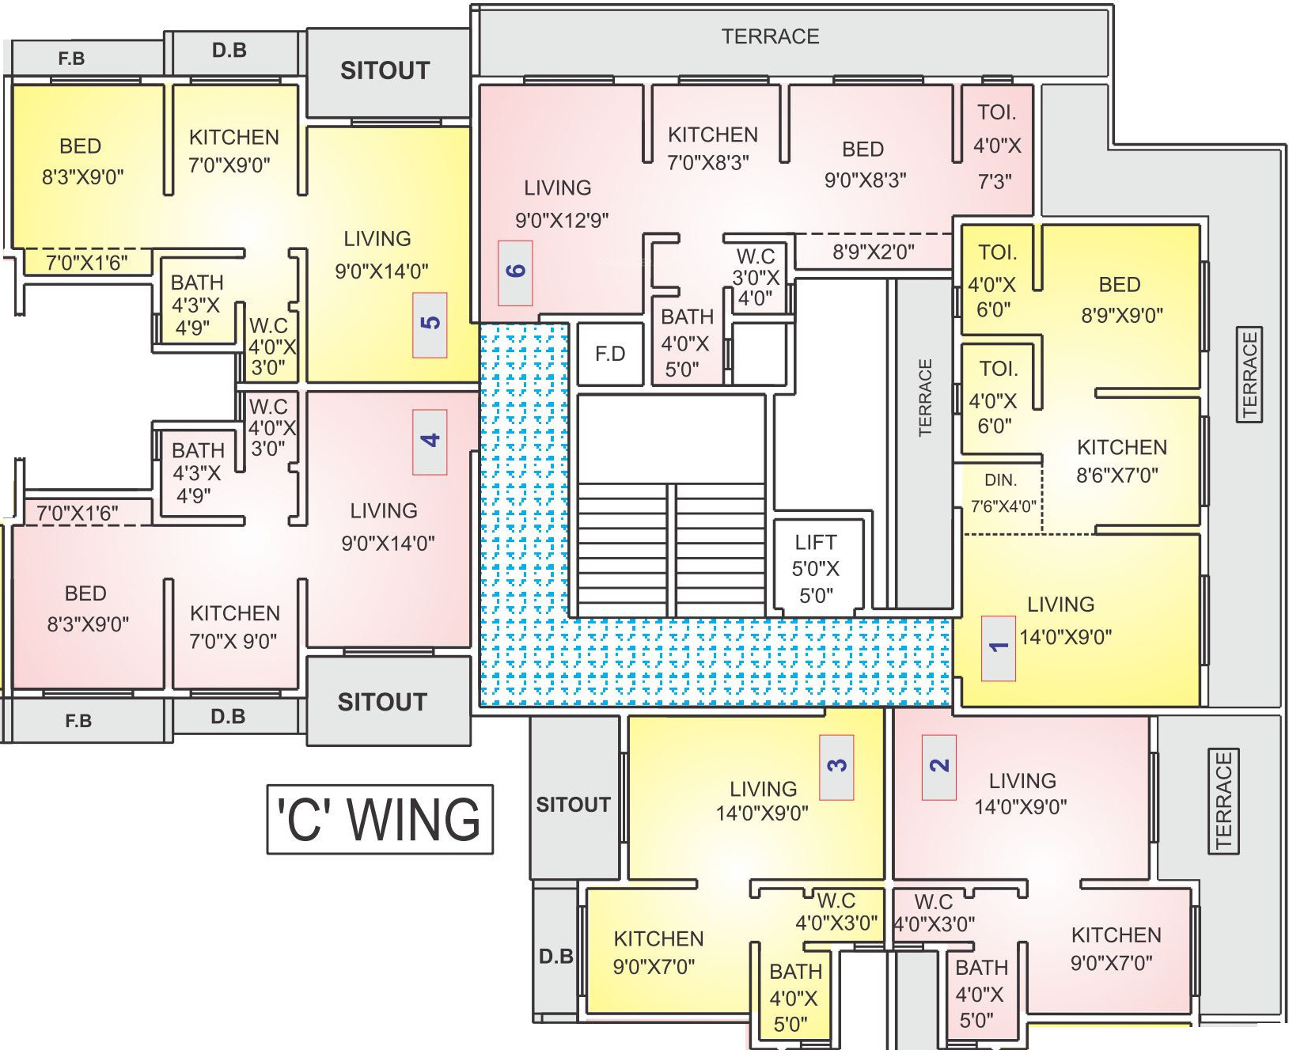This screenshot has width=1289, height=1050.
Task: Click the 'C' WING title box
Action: [380, 819]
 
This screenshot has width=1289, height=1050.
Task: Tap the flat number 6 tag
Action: [515, 273]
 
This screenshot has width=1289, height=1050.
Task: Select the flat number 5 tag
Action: [430, 324]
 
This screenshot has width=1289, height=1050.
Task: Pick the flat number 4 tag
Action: [430, 442]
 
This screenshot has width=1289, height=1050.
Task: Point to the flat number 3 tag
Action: [836, 767]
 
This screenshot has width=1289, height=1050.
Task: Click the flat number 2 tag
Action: [939, 767]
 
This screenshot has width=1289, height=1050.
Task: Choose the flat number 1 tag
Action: [999, 647]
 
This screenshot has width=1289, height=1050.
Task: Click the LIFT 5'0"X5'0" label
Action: [816, 569]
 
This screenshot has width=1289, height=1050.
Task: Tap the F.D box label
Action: [610, 354]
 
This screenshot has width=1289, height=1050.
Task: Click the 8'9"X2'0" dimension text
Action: [873, 252]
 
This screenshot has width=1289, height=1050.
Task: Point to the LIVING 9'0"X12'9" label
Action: [560, 204]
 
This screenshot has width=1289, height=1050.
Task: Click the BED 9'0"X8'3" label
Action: [864, 165]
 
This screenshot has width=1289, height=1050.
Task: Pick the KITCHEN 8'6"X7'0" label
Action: [1120, 461]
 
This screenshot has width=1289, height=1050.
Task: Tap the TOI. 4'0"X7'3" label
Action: [996, 146]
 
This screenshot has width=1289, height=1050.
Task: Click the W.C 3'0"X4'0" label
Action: [756, 277]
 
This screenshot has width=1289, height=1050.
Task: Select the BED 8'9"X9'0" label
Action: [1121, 300]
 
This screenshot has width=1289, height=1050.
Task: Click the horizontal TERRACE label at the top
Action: [770, 36]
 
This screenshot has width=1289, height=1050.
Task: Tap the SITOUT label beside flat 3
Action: [573, 805]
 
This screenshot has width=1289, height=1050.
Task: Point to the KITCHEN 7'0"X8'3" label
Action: [711, 148]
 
